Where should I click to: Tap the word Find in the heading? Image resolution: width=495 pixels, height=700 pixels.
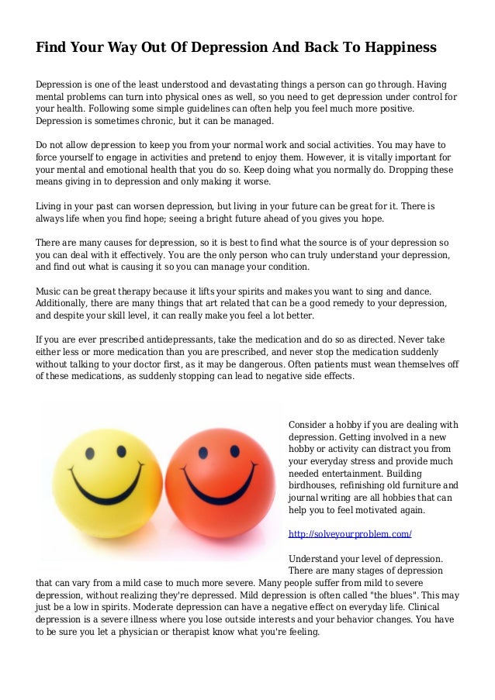coord(50,48)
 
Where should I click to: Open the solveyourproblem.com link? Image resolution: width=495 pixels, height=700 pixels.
coord(349,534)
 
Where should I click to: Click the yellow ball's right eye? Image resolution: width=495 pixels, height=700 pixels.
coord(121,450)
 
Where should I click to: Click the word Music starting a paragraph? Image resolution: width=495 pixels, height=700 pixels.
coord(50,291)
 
